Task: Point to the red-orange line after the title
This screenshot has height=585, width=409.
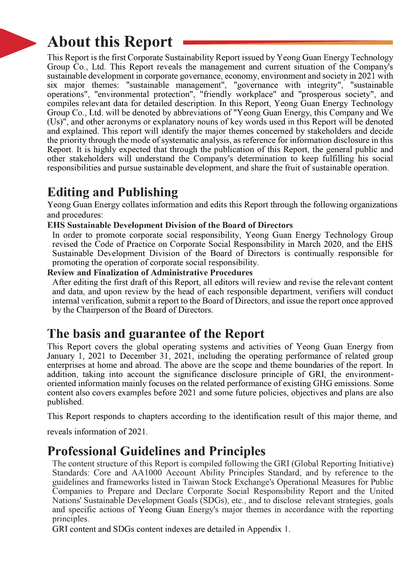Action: click(288, 42)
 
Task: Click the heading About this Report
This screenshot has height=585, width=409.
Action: click(110, 42)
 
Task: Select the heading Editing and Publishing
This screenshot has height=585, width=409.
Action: click(113, 192)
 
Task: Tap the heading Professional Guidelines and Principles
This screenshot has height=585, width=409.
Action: click(156, 451)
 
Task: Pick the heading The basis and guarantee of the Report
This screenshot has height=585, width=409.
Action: click(156, 334)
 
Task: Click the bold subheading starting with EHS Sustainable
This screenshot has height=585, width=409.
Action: click(170, 225)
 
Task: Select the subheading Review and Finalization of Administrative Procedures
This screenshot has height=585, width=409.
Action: click(150, 273)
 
